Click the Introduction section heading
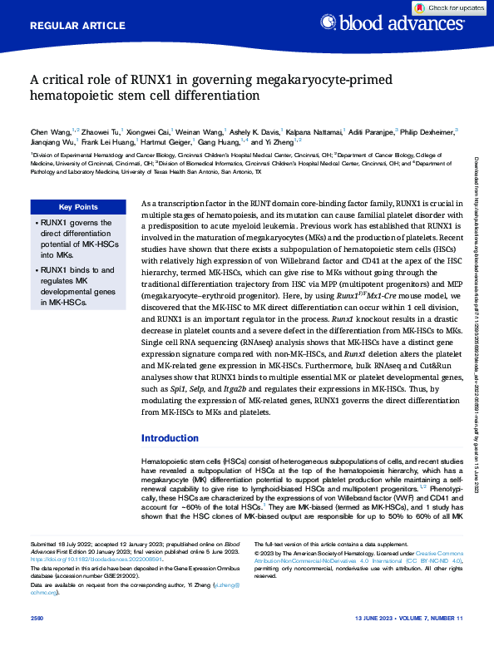170,438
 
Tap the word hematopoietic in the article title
72,96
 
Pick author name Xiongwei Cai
151,131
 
